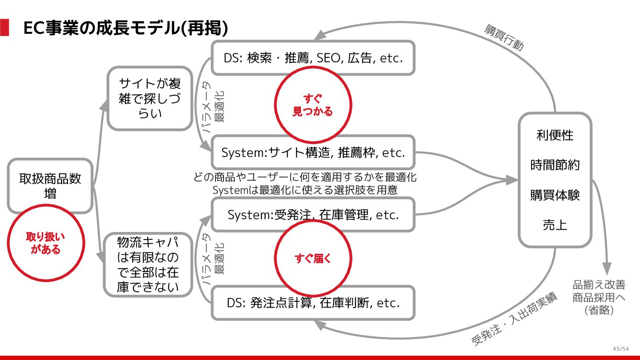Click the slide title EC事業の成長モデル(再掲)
(x=126, y=28)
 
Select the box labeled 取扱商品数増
(x=50, y=186)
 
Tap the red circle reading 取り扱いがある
(x=46, y=243)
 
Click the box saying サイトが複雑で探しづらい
(x=150, y=98)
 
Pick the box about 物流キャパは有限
(x=148, y=264)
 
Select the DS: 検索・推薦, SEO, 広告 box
(x=313, y=58)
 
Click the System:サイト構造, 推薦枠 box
(x=313, y=152)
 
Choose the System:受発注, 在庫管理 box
(x=313, y=215)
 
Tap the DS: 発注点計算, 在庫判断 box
(x=313, y=303)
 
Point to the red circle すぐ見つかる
(x=312, y=105)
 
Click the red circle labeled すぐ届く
(x=313, y=259)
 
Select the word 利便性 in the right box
(x=555, y=135)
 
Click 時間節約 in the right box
(x=555, y=165)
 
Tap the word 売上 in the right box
(x=555, y=225)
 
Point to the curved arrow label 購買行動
(x=504, y=38)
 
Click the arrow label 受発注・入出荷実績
(x=514, y=320)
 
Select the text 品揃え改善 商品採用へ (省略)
(x=599, y=297)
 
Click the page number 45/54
(x=620, y=348)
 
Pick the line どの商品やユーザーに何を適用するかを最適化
(x=305, y=177)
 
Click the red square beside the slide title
(x=4, y=28)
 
